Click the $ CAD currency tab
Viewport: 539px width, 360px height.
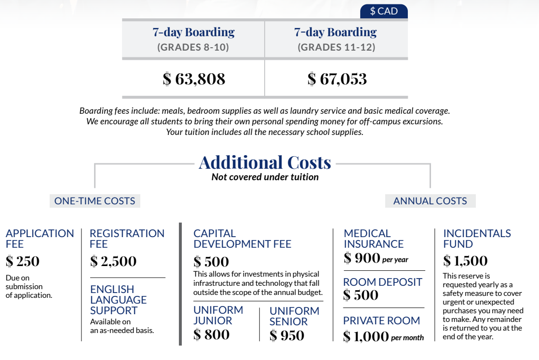tap(384, 11)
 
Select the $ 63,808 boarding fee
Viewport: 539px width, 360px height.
tap(194, 79)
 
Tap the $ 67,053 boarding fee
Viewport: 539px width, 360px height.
tap(337, 79)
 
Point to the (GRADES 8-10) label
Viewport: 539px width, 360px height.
tap(193, 48)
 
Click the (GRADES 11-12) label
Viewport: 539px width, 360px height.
tap(336, 48)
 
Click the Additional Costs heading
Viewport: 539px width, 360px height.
tap(265, 162)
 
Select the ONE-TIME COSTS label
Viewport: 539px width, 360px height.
tap(94, 201)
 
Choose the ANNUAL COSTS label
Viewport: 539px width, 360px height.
tap(430, 201)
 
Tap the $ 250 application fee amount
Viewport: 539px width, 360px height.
tap(23, 262)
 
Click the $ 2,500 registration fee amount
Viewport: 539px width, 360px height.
tap(113, 262)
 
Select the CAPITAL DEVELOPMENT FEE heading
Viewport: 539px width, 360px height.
tap(242, 239)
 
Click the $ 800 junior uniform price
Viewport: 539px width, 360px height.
tap(211, 334)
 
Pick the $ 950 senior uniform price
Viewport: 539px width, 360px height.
tap(287, 335)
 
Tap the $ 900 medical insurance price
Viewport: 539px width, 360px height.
tap(362, 258)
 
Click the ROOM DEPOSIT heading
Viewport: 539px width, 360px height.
tap(382, 282)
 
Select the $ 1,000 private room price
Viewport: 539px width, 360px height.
tap(366, 336)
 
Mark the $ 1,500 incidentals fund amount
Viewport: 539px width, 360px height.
tap(465, 261)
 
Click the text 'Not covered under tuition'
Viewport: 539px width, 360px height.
tap(265, 177)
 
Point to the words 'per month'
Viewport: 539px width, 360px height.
tap(407, 338)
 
